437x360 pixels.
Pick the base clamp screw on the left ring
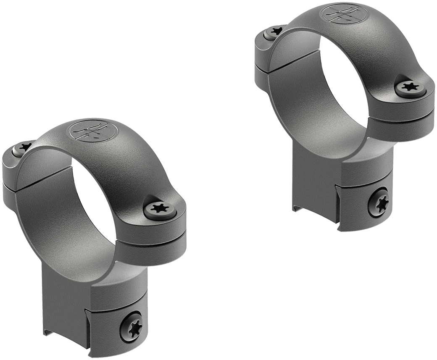(x=130, y=323)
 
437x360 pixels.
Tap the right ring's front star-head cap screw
(x=408, y=87)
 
